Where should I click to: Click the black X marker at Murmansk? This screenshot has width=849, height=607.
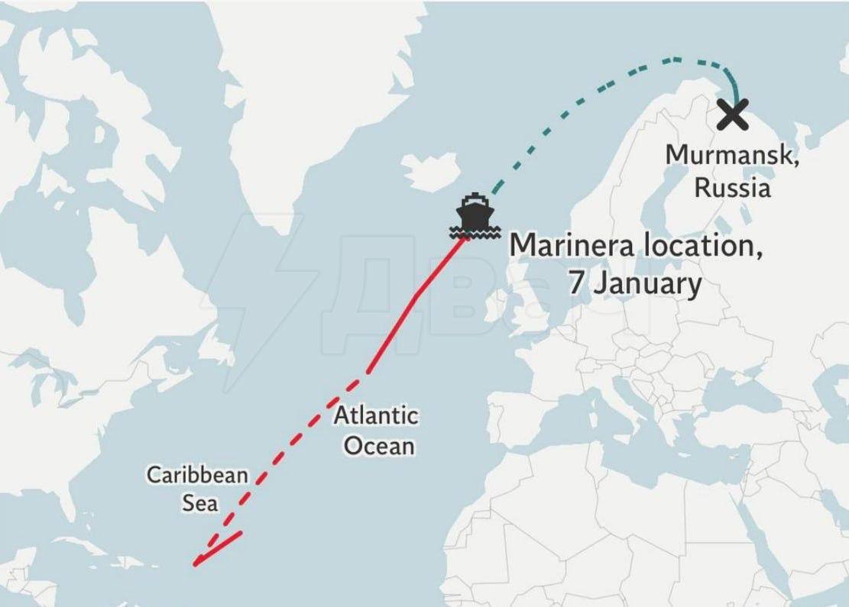[733, 115]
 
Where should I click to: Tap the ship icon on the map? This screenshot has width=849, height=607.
[475, 212]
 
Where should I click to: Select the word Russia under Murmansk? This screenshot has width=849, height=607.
[732, 187]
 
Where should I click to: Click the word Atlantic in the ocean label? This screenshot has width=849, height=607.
[376, 416]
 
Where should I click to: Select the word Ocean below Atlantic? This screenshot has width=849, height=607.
[379, 446]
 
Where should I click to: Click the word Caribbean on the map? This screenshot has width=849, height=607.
[197, 475]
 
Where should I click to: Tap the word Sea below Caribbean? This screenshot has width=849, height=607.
[199, 504]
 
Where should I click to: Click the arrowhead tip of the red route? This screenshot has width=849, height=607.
[196, 565]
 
